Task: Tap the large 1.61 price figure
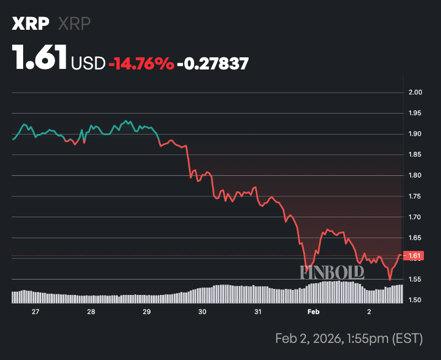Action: tap(40, 58)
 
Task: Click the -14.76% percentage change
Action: tap(142, 63)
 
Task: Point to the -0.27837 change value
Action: tap(212, 63)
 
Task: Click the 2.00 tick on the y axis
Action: tap(414, 92)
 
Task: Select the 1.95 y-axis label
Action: tap(414, 113)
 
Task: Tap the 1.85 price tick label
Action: tap(414, 155)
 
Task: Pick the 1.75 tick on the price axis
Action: tap(414, 196)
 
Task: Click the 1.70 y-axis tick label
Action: tap(414, 217)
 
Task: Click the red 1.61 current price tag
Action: tap(415, 255)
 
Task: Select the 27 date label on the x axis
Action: tap(36, 312)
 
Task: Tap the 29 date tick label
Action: tap(147, 312)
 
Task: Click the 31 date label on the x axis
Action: tap(257, 312)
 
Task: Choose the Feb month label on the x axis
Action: tap(313, 312)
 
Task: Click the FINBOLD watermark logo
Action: tap(332, 272)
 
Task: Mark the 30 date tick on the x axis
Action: tap(202, 312)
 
